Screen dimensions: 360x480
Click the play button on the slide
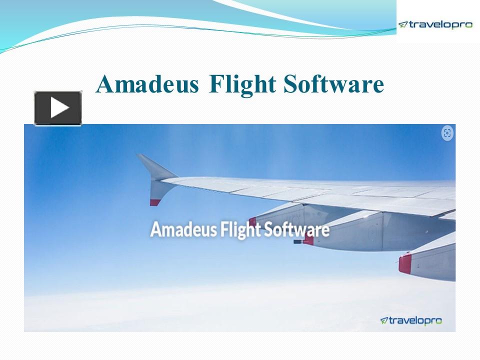pyautogui.click(x=57, y=108)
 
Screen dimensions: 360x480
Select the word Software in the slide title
pyautogui.click(x=333, y=84)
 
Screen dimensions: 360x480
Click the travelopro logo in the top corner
pyautogui.click(x=435, y=24)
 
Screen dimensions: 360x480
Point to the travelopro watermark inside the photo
pyautogui.click(x=411, y=320)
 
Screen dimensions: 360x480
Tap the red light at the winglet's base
pyautogui.click(x=155, y=202)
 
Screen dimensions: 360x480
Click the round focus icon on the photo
pyautogui.click(x=447, y=133)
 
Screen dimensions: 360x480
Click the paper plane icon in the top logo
pyautogui.click(x=403, y=24)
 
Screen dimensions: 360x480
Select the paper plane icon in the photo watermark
pyautogui.click(x=384, y=320)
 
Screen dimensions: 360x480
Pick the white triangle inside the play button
pyautogui.click(x=59, y=108)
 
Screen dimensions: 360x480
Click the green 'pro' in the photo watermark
pyautogui.click(x=433, y=321)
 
